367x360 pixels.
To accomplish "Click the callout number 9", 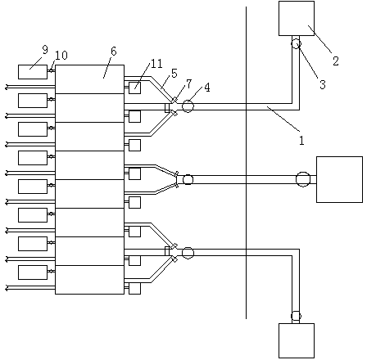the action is coord(45,50).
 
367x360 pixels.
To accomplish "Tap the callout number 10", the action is coord(61,56).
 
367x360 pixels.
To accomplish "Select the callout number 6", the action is coord(113,51).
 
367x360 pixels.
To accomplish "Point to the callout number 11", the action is coord(156,64).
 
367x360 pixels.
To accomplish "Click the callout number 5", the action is coord(174,73).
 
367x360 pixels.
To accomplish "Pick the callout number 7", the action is coord(189,83).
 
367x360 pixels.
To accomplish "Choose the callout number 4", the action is coord(207,88).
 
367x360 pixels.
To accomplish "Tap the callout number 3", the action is coord(323,84).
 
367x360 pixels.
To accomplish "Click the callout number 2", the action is coord(336,61).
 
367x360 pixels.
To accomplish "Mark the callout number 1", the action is coord(301,141).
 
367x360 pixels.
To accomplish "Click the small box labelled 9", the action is coord(33,72).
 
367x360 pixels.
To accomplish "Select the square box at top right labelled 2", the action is coord(297,18).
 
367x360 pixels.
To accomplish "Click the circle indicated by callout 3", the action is coord(296,43).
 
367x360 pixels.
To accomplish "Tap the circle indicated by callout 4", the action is coord(188,106).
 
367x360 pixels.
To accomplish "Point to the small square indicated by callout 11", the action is coord(134,88).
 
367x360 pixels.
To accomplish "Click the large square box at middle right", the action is coord(339,179).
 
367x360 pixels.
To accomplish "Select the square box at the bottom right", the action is coord(297,340).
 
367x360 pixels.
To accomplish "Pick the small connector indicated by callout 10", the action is coord(51,70).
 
